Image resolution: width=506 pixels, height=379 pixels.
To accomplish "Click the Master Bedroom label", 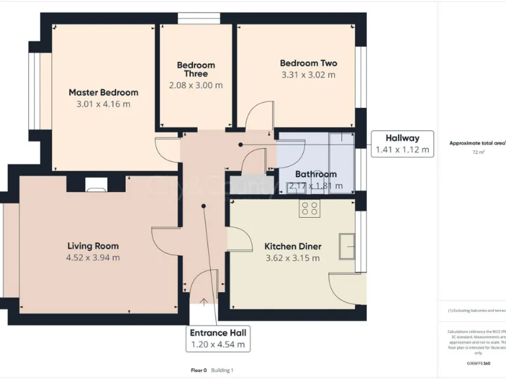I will [x=103, y=93].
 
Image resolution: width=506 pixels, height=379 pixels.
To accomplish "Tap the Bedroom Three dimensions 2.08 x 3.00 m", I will [x=196, y=85].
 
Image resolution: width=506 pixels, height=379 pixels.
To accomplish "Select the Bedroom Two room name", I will [x=308, y=63].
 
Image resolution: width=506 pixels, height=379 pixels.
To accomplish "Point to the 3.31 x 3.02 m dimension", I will [x=308, y=75].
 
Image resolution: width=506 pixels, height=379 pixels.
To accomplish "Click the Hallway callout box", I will [x=402, y=143].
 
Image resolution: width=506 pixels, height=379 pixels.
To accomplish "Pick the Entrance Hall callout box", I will [x=218, y=338].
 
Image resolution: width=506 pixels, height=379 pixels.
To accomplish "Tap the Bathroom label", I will [x=316, y=174].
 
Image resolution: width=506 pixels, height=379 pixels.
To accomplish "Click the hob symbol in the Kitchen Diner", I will [x=310, y=209].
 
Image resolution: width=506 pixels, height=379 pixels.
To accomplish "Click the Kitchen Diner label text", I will [x=293, y=246].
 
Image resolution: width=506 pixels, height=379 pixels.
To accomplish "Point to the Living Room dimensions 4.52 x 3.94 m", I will [x=93, y=258].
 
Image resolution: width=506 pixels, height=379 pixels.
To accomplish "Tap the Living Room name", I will [x=93, y=246].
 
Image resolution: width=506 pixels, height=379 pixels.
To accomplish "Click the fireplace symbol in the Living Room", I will [x=96, y=188].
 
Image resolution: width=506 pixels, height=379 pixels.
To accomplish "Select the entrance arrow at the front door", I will [x=204, y=302].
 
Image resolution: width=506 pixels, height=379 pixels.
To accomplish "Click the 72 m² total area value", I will [x=478, y=153].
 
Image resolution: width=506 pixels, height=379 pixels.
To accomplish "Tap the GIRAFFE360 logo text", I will [x=478, y=363].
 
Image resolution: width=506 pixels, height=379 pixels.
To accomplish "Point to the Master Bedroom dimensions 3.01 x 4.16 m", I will [x=103, y=104].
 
